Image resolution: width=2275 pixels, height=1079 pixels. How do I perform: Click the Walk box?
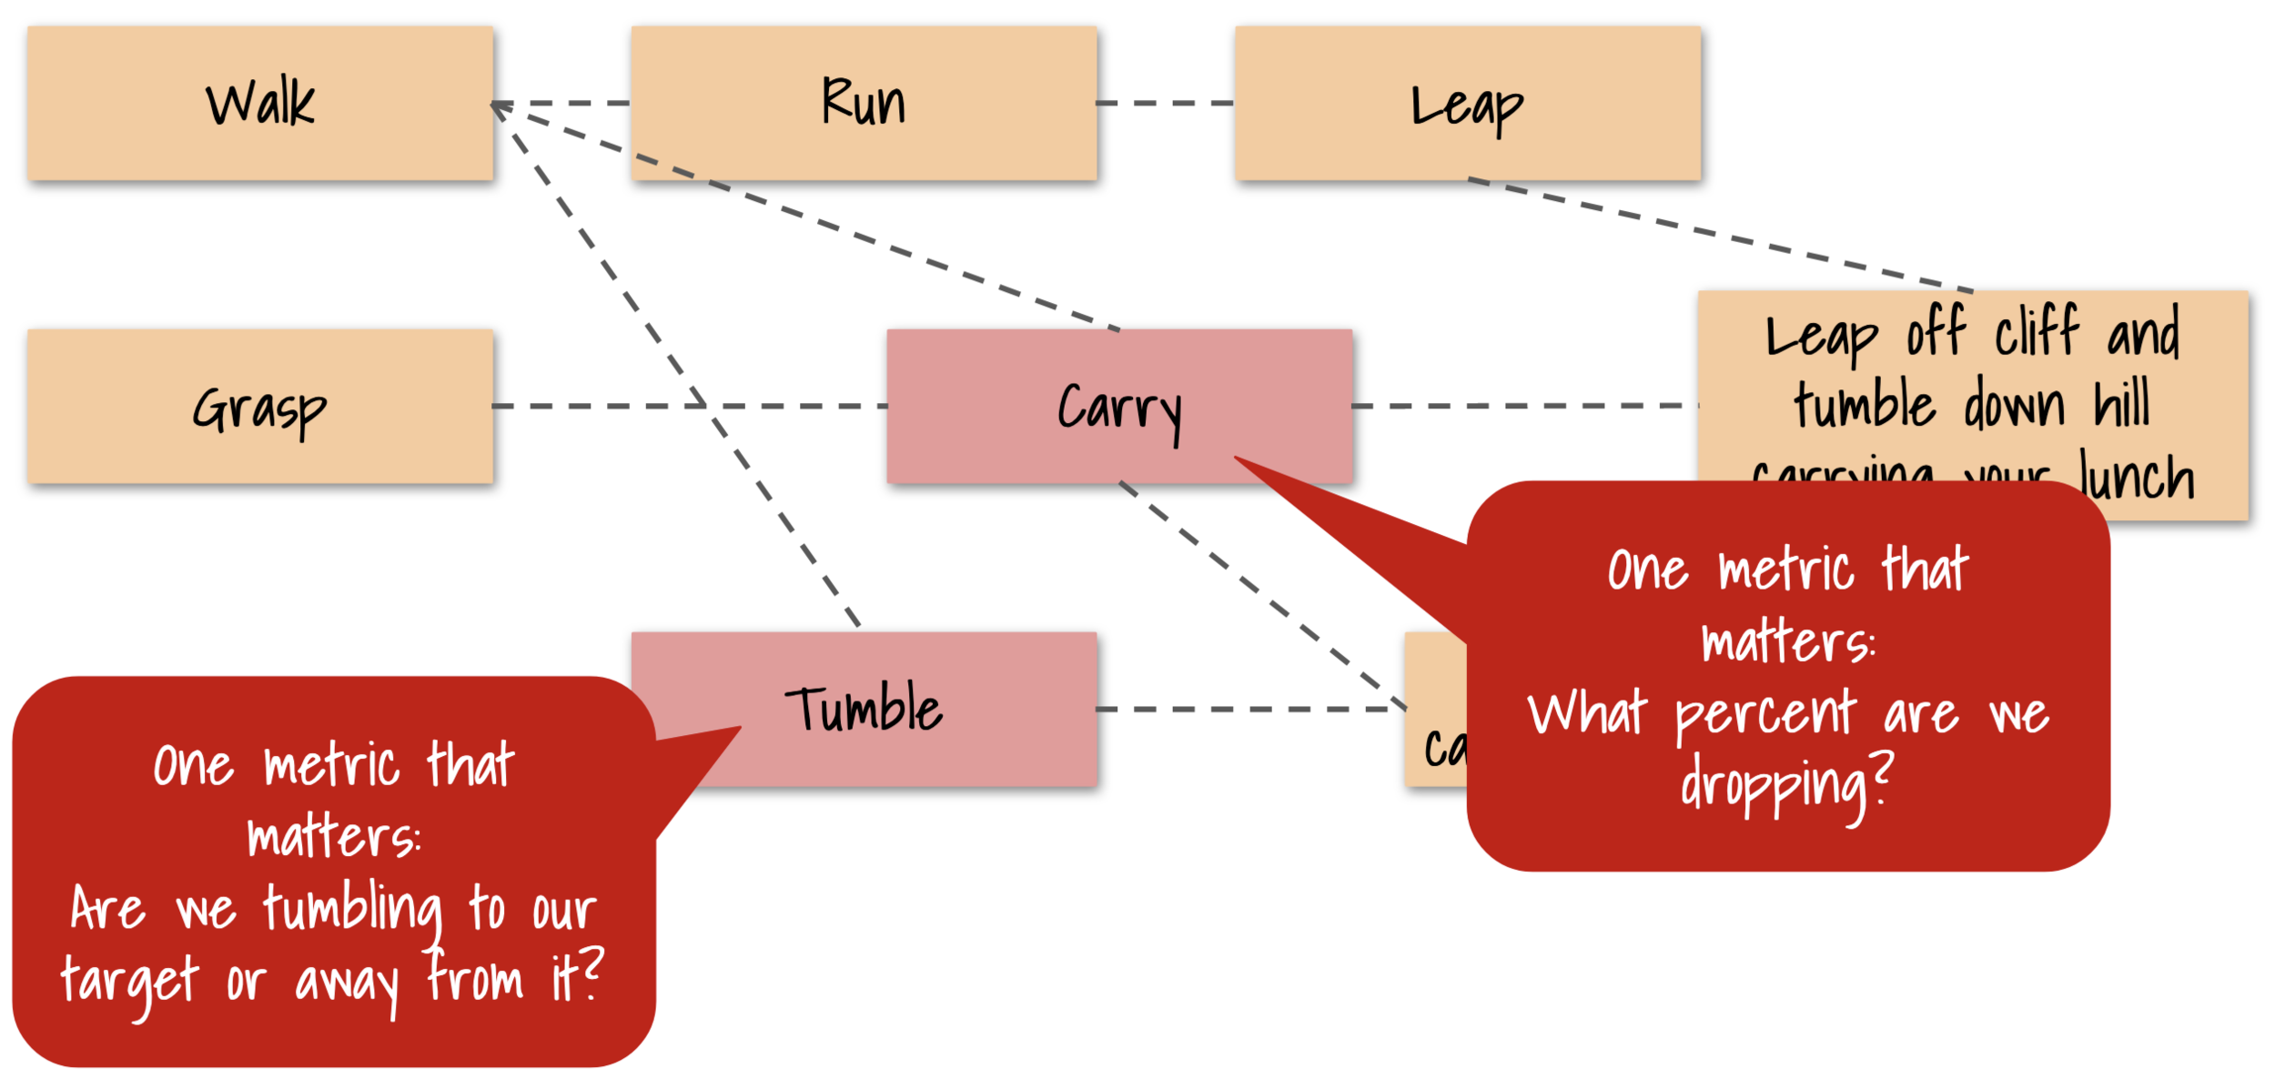259,103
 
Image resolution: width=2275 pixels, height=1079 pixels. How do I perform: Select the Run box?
864,103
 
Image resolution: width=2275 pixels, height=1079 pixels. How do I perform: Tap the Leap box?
1467,103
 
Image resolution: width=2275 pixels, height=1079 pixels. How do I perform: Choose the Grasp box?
259,407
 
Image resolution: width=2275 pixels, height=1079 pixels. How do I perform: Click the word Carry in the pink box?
1119,408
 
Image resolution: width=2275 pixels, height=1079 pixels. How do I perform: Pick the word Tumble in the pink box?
864,709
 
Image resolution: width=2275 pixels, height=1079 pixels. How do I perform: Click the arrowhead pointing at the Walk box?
497,105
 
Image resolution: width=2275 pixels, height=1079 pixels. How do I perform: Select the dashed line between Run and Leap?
1166,103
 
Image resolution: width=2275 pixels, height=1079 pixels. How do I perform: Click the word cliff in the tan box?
2036,332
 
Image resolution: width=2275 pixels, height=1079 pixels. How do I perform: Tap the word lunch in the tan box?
2138,479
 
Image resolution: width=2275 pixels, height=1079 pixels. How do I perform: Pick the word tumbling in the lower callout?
353,911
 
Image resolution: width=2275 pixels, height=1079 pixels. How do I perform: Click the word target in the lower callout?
130,983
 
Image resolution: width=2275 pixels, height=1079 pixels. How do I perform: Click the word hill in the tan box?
2121,405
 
